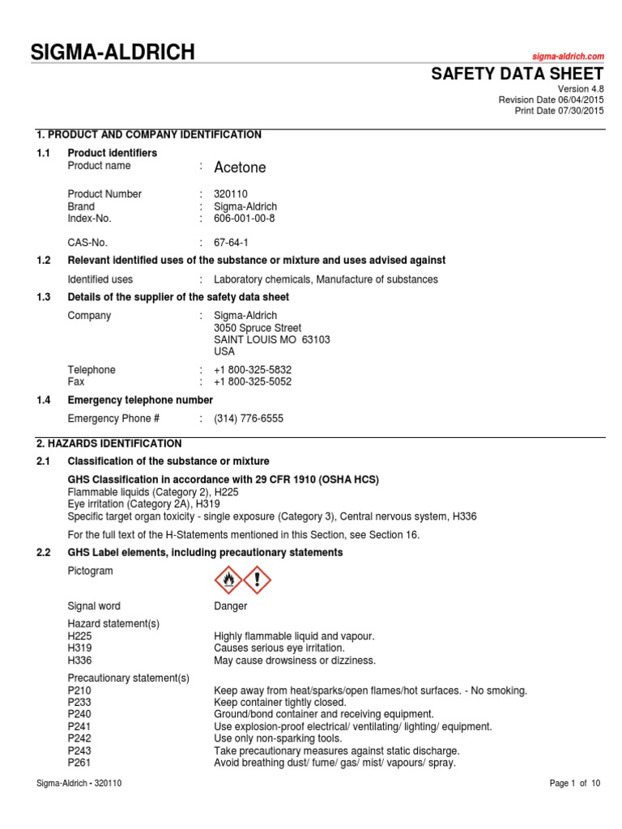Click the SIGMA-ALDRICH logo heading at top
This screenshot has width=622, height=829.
tap(113, 53)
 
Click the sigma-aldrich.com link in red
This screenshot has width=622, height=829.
tap(568, 56)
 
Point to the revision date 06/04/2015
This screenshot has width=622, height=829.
tap(581, 100)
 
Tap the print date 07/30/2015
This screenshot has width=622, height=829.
tap(581, 111)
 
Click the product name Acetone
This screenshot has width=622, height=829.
tap(240, 168)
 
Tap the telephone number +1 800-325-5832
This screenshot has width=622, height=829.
tap(253, 370)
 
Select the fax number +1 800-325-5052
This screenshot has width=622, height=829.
tap(253, 382)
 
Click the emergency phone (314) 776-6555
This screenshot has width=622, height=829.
tap(249, 419)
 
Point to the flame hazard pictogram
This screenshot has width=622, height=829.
tap(228, 580)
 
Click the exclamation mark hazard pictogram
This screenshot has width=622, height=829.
tap(258, 580)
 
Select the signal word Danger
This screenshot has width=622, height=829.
tap(231, 606)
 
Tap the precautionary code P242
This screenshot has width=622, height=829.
tap(79, 738)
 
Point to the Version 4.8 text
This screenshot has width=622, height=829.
tap(582, 88)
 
